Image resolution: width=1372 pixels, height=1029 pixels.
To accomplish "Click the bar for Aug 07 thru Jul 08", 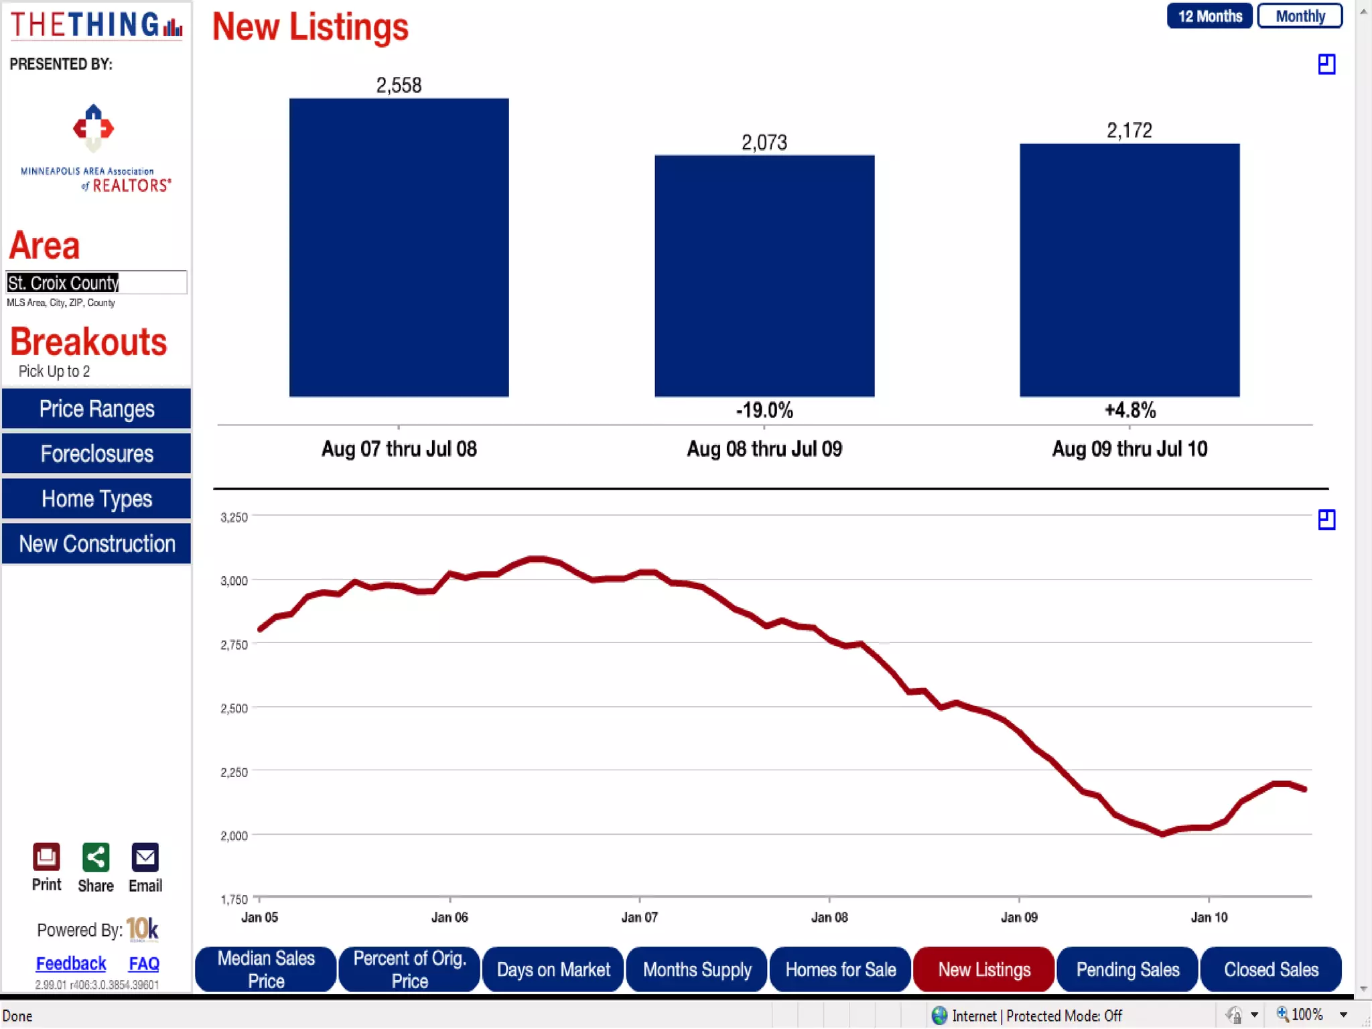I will [x=399, y=248].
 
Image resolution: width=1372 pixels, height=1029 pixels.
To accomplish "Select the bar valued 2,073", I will [x=764, y=276].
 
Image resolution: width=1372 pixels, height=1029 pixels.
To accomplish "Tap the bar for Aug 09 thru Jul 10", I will [x=1129, y=270].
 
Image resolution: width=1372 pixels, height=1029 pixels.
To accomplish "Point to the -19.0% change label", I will [x=764, y=410].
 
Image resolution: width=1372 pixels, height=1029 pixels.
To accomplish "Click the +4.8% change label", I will [x=1130, y=410].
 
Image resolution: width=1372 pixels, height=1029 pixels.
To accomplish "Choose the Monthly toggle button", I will [x=1300, y=16].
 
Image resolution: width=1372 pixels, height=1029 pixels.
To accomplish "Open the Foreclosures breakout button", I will [x=96, y=454].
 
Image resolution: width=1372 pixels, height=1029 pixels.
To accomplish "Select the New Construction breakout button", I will [x=96, y=543].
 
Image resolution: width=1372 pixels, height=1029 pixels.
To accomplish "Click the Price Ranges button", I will [x=96, y=409].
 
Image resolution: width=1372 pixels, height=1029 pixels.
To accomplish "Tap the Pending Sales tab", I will [x=1127, y=969].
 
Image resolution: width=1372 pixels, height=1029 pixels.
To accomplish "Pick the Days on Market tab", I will [x=553, y=969].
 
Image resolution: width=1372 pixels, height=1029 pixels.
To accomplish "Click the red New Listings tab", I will [x=984, y=969].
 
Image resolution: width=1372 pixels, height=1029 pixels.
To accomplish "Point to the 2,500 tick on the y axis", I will [x=234, y=708].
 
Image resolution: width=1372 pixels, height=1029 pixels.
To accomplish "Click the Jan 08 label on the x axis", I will [x=829, y=917].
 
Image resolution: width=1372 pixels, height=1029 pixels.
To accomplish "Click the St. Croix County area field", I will [x=96, y=283].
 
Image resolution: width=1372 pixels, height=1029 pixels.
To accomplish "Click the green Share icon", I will [x=95, y=857].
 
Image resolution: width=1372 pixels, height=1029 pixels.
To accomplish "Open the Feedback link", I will [x=71, y=963].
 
